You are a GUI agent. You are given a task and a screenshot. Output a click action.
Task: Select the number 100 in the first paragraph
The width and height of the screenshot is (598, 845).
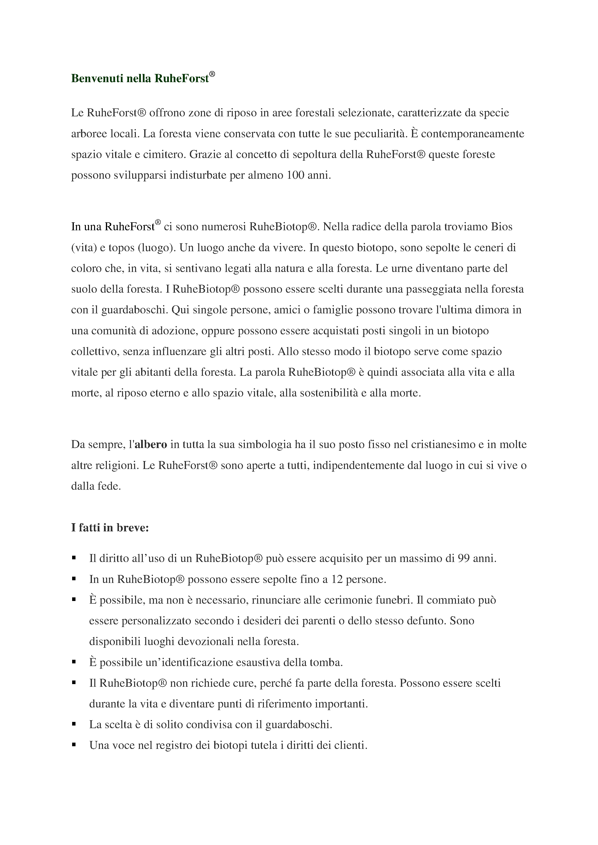(x=296, y=175)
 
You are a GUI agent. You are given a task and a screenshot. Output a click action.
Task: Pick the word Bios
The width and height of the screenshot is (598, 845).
(x=502, y=227)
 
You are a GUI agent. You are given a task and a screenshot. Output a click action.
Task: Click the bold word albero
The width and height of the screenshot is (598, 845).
(x=151, y=445)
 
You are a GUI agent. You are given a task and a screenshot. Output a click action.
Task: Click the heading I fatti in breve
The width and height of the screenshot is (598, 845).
(x=110, y=528)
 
